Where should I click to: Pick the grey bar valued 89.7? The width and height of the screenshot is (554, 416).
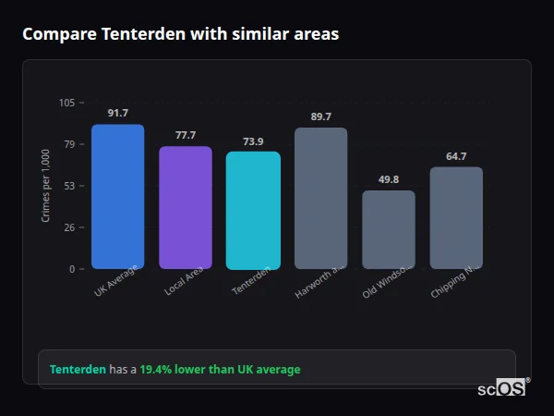(x=320, y=199)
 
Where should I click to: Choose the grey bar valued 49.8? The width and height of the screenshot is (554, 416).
(x=388, y=230)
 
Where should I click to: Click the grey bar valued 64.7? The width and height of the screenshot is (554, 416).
(x=456, y=218)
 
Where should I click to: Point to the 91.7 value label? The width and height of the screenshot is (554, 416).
(x=117, y=113)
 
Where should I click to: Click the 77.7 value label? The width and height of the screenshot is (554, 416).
(x=186, y=135)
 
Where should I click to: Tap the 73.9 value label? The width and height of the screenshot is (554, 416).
(x=253, y=141)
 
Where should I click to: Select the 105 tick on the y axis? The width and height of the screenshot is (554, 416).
(x=66, y=103)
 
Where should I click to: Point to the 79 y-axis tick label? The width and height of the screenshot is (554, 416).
(x=68, y=144)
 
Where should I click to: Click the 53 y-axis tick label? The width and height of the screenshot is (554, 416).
(x=68, y=186)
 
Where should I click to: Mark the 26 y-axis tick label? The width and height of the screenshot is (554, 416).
(x=68, y=227)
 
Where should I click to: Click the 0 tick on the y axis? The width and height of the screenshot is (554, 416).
(x=71, y=269)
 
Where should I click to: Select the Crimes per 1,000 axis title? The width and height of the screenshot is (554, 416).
(x=46, y=186)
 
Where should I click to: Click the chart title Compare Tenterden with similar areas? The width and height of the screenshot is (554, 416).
(x=180, y=34)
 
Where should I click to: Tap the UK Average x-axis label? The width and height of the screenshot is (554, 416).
(x=116, y=281)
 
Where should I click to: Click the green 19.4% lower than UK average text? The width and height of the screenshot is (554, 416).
(x=220, y=370)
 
